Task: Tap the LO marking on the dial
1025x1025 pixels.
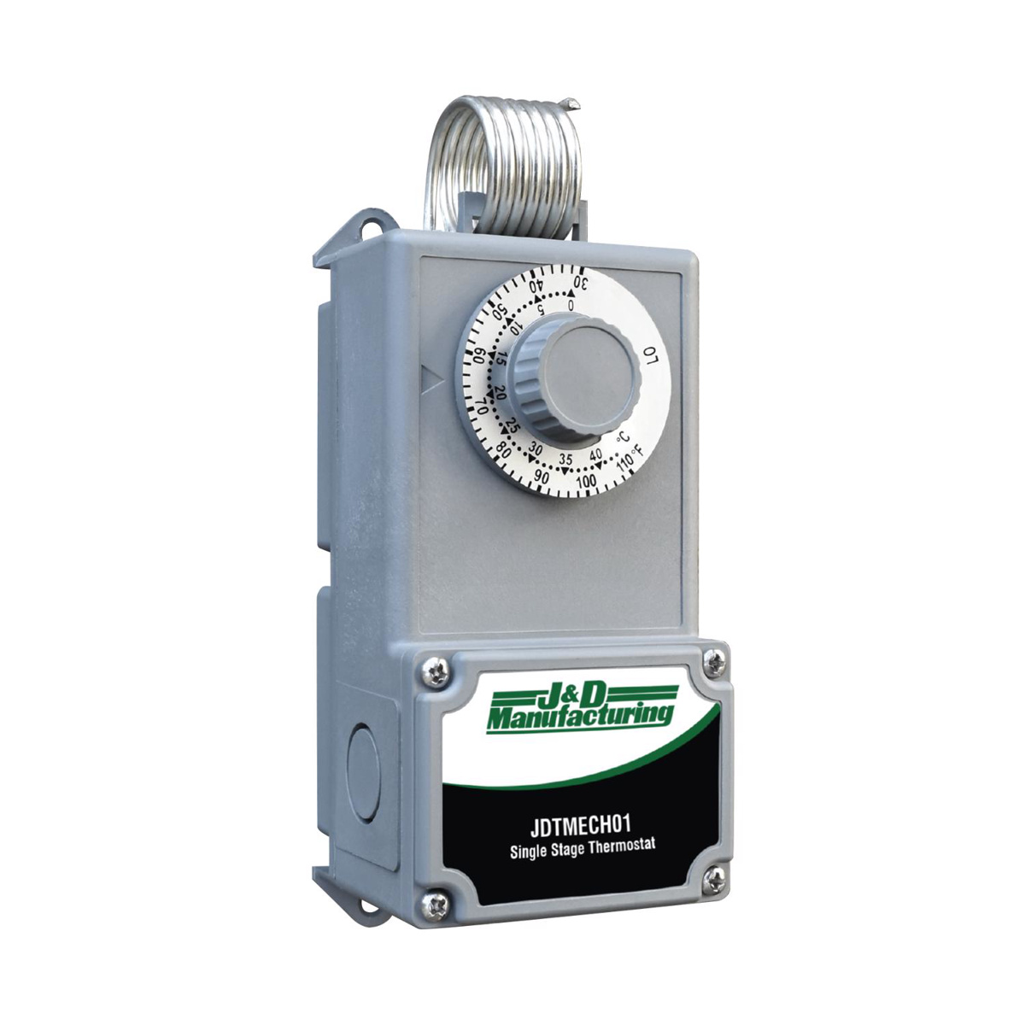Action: (651, 354)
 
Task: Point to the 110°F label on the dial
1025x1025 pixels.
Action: (630, 458)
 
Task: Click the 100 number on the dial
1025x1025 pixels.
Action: (586, 481)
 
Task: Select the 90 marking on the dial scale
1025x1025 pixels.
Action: (542, 476)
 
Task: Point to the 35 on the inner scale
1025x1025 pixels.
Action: (565, 458)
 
